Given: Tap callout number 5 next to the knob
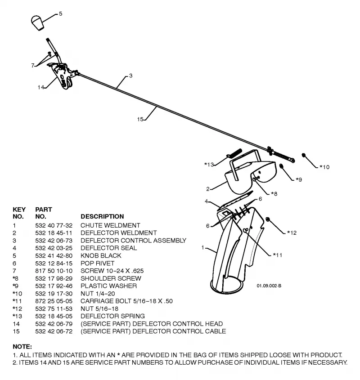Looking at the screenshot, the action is (60, 14).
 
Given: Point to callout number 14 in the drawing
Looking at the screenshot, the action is (41, 87).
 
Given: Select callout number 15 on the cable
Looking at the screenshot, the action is (140, 119).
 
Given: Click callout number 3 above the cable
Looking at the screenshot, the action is (131, 76).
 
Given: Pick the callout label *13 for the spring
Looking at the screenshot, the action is (209, 165).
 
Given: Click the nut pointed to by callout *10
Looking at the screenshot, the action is (303, 155).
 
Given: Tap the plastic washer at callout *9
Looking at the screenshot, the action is (281, 166).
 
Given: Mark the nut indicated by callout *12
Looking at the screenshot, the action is (268, 219).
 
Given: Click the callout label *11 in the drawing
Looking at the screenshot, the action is (277, 255).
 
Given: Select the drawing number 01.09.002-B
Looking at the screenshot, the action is (269, 286).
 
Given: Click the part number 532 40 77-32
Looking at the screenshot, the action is (54, 226).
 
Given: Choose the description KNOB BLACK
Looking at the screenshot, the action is (101, 256).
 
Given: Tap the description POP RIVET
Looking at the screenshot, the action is (98, 263).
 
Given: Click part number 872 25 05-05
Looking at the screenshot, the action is (54, 301).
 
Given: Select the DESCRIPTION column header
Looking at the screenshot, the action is (102, 216).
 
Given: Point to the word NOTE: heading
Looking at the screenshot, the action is (22, 347).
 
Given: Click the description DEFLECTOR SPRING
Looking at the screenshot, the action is (113, 316).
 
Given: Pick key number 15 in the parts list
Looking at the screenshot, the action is (16, 331).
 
